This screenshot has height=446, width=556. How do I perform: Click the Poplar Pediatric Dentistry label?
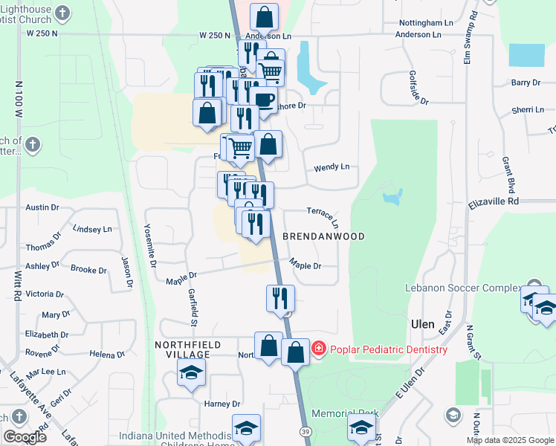click(389, 349)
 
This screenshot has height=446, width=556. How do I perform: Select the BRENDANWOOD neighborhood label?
click(323, 236)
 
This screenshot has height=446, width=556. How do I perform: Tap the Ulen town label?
click(422, 324)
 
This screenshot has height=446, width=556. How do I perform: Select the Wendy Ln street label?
click(332, 168)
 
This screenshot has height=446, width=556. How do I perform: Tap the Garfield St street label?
click(193, 307)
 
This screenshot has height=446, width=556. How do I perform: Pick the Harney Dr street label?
click(222, 404)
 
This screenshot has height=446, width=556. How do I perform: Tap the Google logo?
click(25, 436)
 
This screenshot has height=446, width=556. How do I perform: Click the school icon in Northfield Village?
click(191, 372)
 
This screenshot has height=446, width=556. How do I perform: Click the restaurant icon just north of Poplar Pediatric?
click(281, 298)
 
